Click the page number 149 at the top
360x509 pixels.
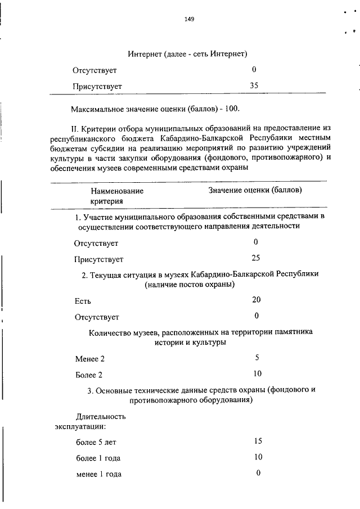coord(189,19)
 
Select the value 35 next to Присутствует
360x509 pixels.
coord(254,85)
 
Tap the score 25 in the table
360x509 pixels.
coord(256,258)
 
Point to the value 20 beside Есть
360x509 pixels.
coord(256,300)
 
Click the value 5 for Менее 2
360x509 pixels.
coord(257,358)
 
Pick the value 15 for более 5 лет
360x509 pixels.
coord(258,441)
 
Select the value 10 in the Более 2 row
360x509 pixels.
coord(257,373)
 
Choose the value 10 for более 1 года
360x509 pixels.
coord(258,457)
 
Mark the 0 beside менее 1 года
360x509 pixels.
coord(258,473)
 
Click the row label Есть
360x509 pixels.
coord(83,301)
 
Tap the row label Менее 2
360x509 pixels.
coord(90,359)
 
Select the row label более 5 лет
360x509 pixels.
coord(96,442)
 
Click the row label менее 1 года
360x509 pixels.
coord(98,474)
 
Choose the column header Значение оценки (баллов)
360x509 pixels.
coord(255,191)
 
